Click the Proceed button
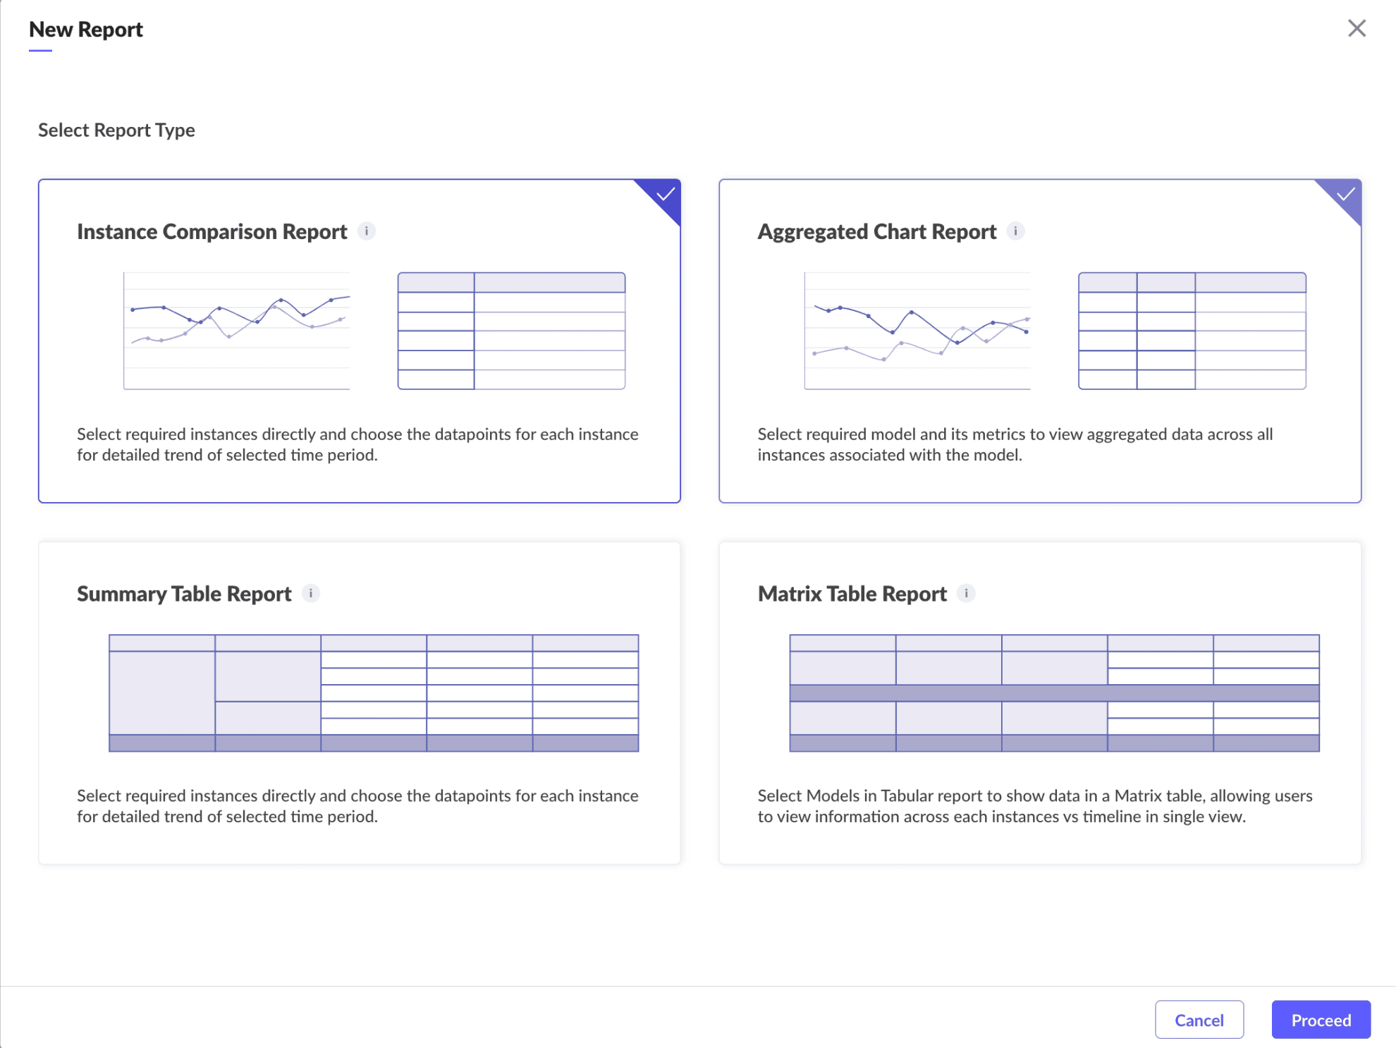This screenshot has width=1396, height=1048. pos(1321,1020)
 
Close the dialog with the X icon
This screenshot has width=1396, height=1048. pos(1357,28)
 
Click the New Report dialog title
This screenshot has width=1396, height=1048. pos(86,30)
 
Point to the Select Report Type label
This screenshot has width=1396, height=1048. pos(116,130)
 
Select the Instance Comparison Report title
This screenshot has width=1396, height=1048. pos(212,231)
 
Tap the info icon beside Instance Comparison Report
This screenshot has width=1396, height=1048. pos(367,231)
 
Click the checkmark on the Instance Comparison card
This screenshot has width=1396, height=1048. pos(665,194)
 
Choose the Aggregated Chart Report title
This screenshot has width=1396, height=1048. pos(877,231)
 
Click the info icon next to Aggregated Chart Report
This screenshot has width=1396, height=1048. pos(1015,231)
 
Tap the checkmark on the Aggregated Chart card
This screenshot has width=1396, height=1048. pos(1345,194)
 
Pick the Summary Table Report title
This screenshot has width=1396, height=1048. pos(184,594)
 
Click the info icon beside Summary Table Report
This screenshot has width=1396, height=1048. pos(311,593)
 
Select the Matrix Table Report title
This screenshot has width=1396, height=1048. pos(852,594)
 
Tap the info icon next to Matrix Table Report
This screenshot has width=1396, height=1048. pos(966,593)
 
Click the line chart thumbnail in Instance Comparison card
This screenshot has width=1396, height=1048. pos(237,331)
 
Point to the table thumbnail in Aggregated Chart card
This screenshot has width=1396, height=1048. pos(1192,331)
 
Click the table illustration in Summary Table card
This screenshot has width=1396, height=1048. pos(374,693)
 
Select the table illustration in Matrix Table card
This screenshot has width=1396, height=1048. pos(1055,693)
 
